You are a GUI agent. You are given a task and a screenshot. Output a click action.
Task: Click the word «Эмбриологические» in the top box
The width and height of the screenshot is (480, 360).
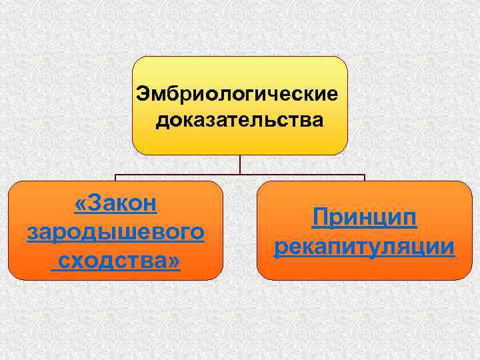pyautogui.click(x=241, y=93)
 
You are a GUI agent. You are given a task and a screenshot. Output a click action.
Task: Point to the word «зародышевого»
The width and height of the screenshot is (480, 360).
pyautogui.click(x=115, y=233)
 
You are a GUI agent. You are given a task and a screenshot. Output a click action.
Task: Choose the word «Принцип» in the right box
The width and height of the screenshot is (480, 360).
pyautogui.click(x=364, y=218)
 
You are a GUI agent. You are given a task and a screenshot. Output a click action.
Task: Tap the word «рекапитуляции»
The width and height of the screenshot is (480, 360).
pyautogui.click(x=364, y=247)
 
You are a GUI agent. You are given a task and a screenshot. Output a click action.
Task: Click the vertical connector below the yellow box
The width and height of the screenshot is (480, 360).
pyautogui.click(x=240, y=165)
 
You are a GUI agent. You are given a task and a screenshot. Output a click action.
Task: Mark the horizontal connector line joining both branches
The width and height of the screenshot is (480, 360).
pyautogui.click(x=240, y=176)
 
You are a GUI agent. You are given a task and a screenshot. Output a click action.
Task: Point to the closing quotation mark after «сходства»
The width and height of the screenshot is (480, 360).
pyautogui.click(x=173, y=261)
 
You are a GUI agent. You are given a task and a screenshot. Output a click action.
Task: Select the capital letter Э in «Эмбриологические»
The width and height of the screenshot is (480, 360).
pyautogui.click(x=143, y=93)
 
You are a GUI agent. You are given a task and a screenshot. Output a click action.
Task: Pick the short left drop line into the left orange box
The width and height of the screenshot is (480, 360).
pyautogui.click(x=116, y=179)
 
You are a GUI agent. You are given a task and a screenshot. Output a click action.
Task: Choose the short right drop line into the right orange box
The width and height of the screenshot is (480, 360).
pyautogui.click(x=365, y=179)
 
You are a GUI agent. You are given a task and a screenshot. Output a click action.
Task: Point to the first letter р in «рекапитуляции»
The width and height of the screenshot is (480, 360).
pyautogui.click(x=279, y=249)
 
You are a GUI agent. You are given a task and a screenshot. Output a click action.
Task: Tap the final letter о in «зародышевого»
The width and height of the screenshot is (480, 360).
pyautogui.click(x=197, y=233)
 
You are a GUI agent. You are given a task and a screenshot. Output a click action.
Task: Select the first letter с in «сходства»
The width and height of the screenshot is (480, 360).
pyautogui.click(x=64, y=261)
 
